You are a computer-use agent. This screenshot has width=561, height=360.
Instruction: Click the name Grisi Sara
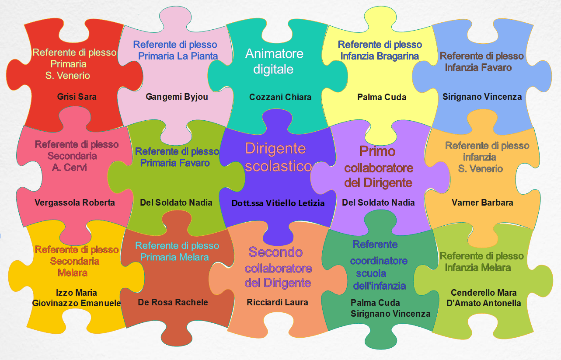point(77,97)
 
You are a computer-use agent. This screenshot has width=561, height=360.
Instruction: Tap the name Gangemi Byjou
point(177,97)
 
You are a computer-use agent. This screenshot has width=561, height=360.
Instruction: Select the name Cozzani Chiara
point(280,97)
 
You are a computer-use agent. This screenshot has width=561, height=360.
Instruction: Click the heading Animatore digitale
point(274,61)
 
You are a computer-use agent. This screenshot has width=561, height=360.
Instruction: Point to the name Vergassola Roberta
point(75,203)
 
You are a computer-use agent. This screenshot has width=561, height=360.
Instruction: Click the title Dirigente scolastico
point(278,157)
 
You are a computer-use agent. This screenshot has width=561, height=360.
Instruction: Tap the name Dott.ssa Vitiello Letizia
point(278,203)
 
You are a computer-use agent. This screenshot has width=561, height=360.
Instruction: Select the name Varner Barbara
point(482,203)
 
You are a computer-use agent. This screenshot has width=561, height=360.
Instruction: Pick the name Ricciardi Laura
point(278,302)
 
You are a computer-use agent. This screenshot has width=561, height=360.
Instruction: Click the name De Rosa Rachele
point(173,302)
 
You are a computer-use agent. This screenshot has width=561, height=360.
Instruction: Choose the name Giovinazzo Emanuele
point(77,303)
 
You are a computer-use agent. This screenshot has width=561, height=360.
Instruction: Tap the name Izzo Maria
point(77,293)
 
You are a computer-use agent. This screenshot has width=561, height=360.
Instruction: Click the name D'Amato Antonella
point(484,303)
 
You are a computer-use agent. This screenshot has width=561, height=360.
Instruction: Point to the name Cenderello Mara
point(484,293)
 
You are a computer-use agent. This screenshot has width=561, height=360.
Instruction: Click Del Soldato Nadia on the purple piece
point(378,203)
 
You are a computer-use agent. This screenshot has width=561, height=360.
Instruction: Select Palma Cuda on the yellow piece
point(382,97)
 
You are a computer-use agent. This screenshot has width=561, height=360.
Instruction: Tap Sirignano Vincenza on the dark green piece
point(390,314)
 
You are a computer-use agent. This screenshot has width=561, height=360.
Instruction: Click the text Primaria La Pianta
point(178,56)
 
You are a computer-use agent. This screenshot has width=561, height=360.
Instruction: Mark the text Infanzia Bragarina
point(380,56)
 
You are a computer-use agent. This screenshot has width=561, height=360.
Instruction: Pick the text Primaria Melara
point(174,257)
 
